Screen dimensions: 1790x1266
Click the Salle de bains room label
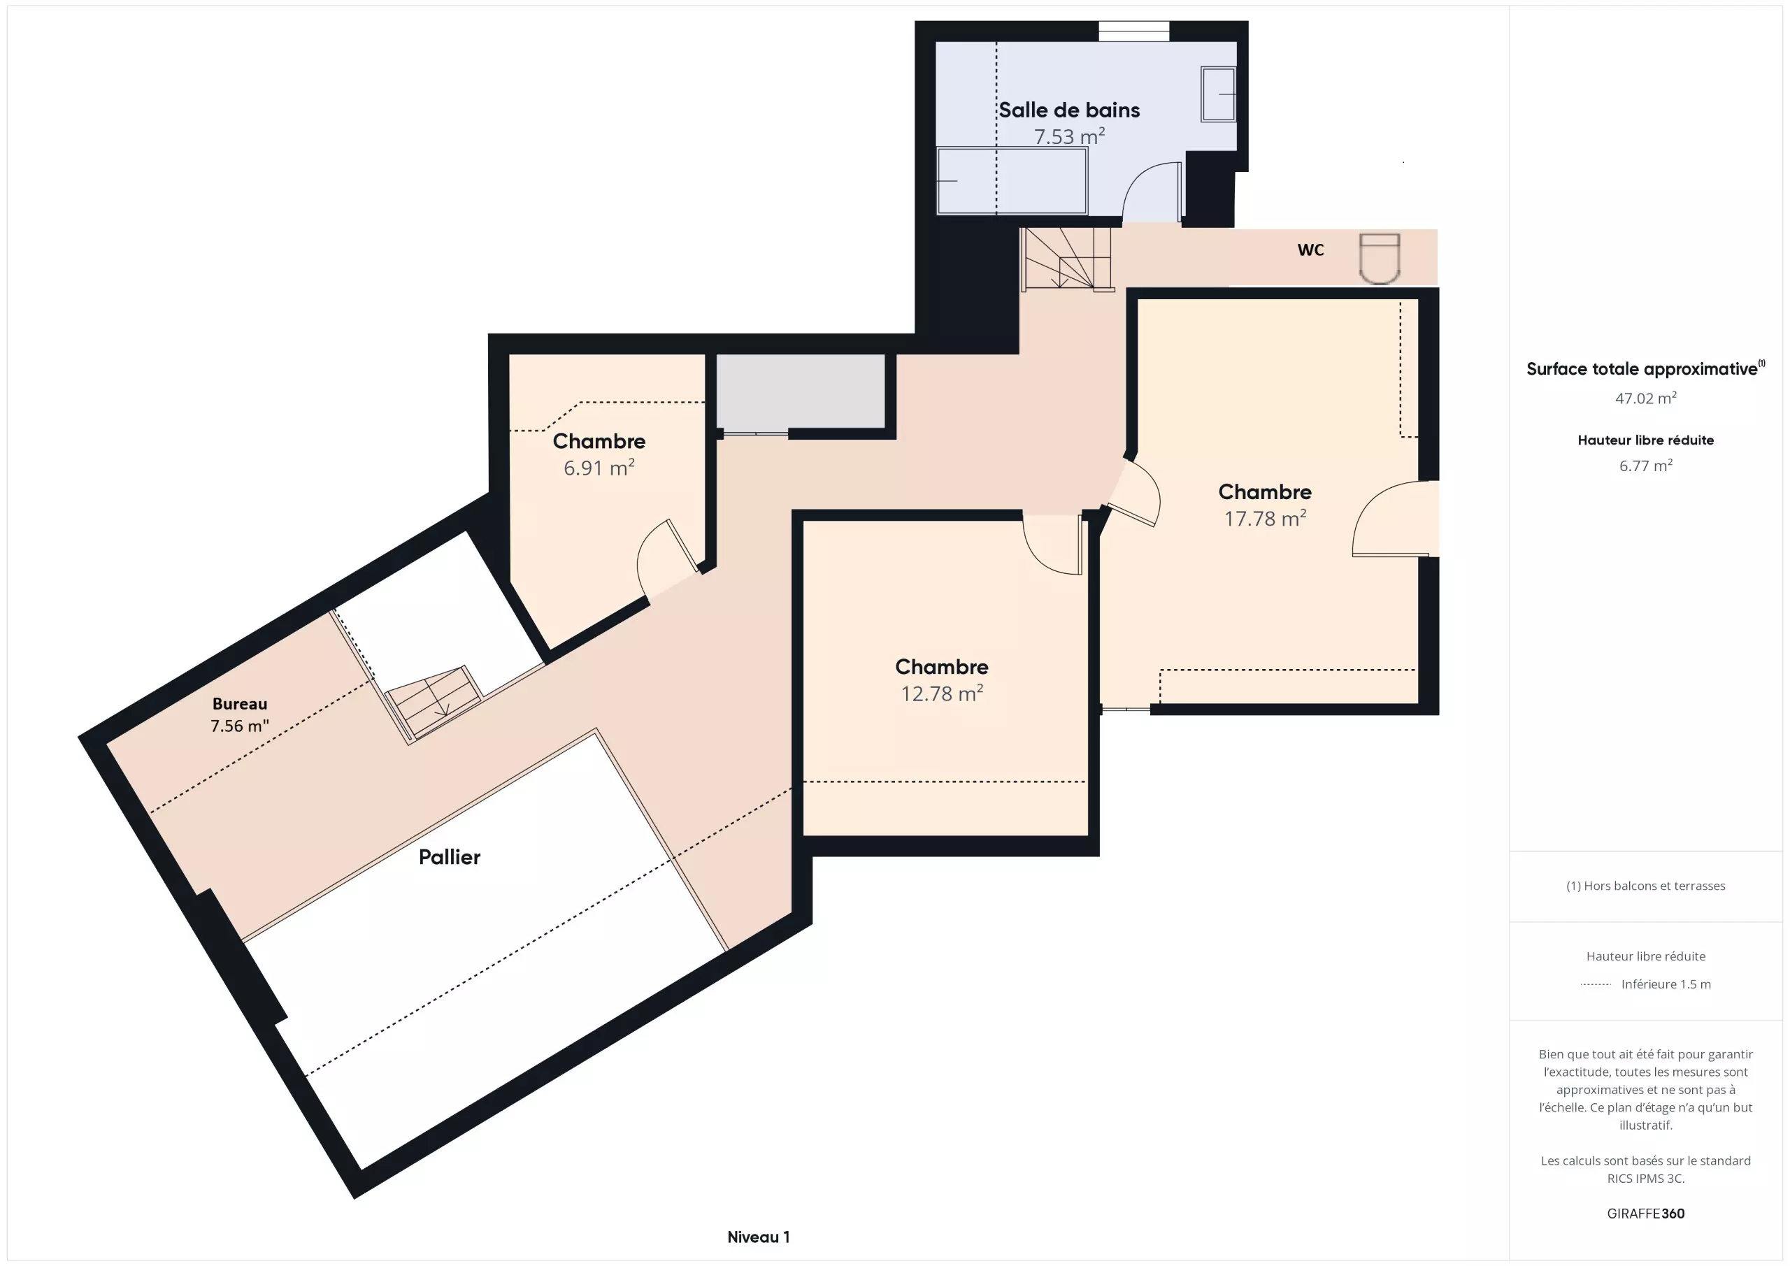(x=1069, y=110)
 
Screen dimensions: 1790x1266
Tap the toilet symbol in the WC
(x=1379, y=258)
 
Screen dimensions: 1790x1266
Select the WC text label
(x=1310, y=250)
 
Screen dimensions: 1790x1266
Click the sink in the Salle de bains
(x=1219, y=94)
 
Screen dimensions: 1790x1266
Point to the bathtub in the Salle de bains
(x=1012, y=180)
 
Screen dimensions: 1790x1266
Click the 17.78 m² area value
(x=1265, y=519)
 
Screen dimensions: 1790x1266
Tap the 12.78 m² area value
(x=942, y=693)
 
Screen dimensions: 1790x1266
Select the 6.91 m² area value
(x=599, y=468)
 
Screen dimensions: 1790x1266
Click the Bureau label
(x=240, y=704)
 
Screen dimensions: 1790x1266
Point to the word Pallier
(x=449, y=858)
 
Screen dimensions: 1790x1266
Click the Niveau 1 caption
(x=759, y=1237)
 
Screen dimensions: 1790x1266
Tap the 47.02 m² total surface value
(x=1646, y=398)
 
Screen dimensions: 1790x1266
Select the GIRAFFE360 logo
(x=1646, y=1214)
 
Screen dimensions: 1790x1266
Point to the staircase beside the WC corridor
(x=1066, y=259)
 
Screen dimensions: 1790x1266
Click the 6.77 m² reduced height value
(x=1646, y=466)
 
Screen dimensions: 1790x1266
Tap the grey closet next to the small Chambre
(x=801, y=391)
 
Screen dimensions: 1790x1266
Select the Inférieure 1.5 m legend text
(x=1666, y=984)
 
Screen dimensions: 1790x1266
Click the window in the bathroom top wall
(x=1133, y=31)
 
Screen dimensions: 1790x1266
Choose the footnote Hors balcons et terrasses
(x=1646, y=886)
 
